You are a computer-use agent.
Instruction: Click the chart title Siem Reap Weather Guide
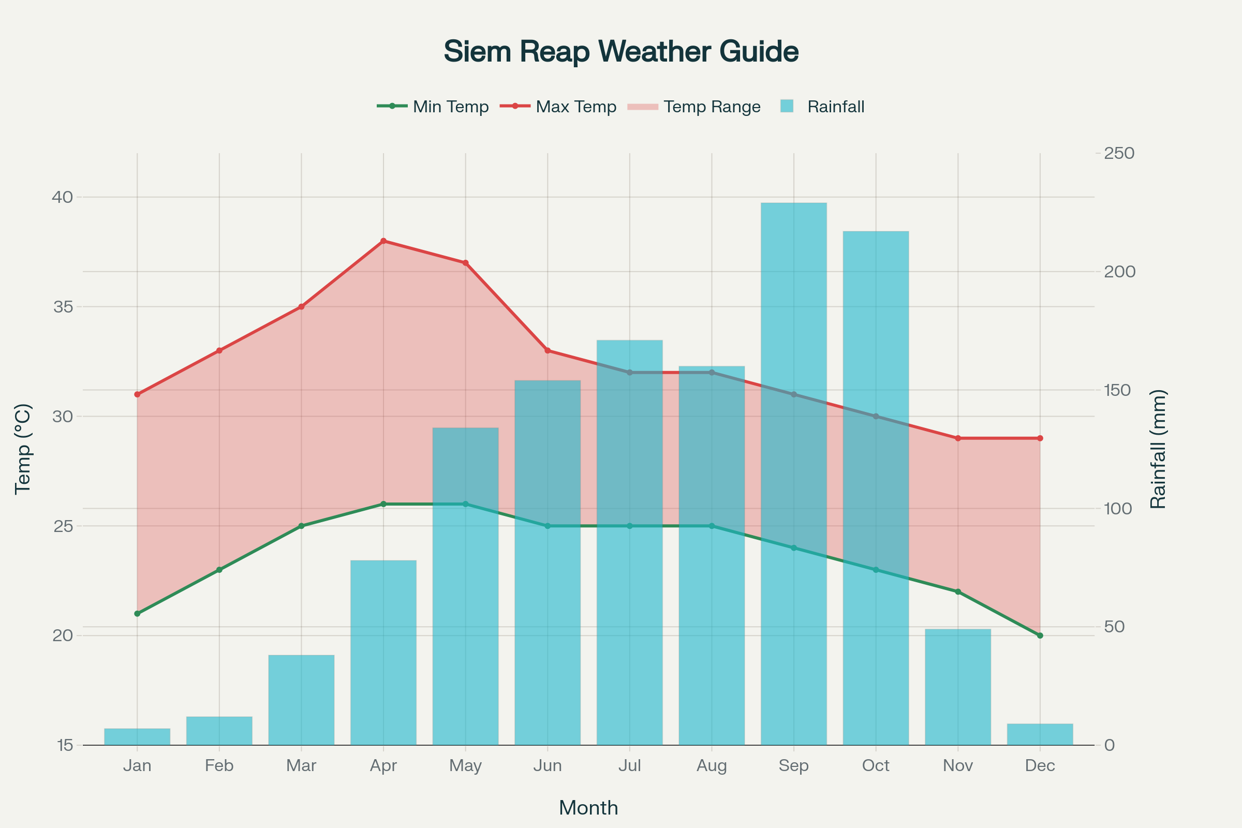pos(621,52)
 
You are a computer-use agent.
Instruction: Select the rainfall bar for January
pos(137,737)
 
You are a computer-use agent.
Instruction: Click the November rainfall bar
pos(958,687)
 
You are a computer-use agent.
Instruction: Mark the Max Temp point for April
pos(383,241)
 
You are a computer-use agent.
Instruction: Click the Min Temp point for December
pos(1040,636)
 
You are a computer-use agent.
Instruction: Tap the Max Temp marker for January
pos(137,394)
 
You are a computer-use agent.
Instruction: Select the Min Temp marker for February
pos(219,570)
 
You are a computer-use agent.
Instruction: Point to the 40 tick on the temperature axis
pos(62,197)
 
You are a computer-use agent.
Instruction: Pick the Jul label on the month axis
pos(629,766)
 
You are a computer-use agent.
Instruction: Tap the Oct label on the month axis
pos(876,766)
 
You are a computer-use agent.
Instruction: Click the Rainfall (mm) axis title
pos(1158,449)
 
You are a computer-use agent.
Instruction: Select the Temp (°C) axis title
pos(23,449)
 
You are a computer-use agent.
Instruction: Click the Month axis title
pos(588,808)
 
